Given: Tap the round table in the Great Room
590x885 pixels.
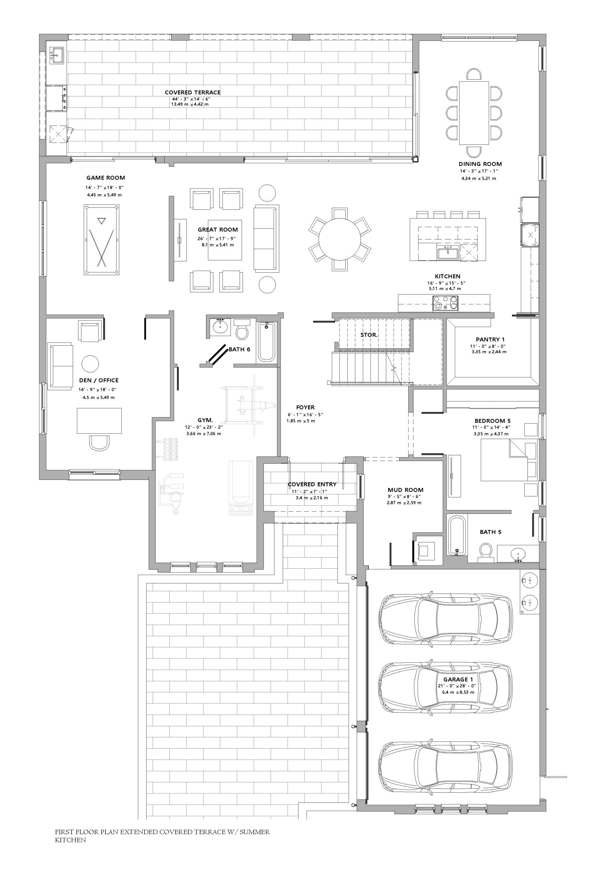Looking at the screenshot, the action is pos(339,239).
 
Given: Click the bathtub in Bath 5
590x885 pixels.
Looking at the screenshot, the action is pos(457,535).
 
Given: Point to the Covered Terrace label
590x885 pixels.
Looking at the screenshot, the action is pos(193,92).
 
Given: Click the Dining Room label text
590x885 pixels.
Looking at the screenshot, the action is pos(480,164).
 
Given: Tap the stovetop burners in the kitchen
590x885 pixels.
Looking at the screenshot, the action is pos(446,303).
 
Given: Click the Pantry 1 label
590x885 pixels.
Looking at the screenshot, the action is pos(490,339).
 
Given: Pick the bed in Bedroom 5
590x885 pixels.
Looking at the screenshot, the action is pos(509,460).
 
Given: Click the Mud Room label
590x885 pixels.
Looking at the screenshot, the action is pos(406,490).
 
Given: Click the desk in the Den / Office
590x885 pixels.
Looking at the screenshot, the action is pos(99,421).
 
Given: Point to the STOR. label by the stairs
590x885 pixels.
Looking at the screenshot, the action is pos(369,335).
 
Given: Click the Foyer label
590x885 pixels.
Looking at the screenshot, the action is pos(305,407).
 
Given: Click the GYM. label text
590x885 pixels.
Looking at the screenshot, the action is pos(205,420).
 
